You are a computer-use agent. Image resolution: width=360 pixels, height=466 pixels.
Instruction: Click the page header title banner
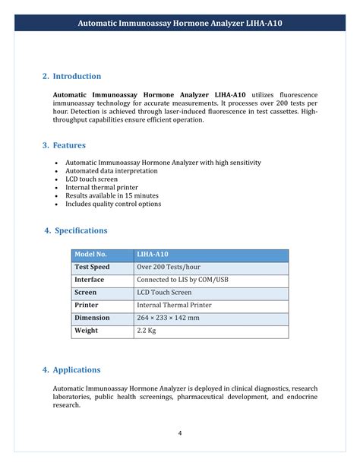pos(180,24)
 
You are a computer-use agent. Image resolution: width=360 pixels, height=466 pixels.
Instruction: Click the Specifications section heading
pos(76,230)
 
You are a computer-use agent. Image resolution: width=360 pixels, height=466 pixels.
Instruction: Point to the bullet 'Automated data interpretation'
pos(111,171)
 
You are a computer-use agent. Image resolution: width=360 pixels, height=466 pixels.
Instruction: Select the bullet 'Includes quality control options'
pos(113,204)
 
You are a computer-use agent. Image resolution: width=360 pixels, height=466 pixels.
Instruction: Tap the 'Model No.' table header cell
pos(90,254)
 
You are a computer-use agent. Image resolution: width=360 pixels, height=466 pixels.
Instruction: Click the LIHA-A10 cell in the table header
pos(152,254)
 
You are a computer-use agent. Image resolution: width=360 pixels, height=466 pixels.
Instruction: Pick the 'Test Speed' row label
pos(92,267)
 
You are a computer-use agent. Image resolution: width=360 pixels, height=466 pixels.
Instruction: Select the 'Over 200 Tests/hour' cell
pos(168,267)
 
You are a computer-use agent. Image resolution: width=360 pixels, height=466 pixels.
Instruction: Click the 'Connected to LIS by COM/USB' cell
pos(182,280)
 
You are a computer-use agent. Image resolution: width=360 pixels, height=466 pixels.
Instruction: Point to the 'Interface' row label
pos(89,280)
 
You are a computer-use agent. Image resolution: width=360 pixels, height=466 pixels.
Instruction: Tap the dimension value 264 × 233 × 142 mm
pos(168,318)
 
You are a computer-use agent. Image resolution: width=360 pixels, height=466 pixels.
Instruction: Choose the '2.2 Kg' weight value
pos(146,331)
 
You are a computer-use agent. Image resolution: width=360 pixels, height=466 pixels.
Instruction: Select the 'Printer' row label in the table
pos(87,305)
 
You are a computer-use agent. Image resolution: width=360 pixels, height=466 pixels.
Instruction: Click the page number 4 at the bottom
pos(180,433)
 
